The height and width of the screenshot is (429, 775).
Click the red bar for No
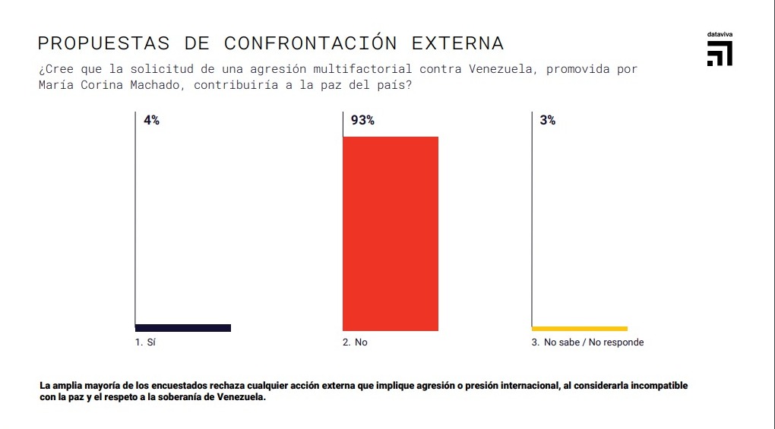pyautogui.click(x=391, y=233)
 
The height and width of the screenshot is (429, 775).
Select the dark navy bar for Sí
pyautogui.click(x=183, y=328)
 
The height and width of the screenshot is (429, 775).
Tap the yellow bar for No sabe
pyautogui.click(x=580, y=328)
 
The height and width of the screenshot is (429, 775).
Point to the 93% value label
pyautogui.click(x=362, y=120)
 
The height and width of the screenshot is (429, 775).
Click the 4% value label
pyautogui.click(x=151, y=120)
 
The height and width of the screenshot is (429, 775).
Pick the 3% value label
pyautogui.click(x=547, y=120)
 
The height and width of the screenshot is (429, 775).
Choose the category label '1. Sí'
pyautogui.click(x=145, y=342)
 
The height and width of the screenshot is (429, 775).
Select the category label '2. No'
pyautogui.click(x=355, y=342)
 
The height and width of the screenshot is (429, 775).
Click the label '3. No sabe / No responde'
pyautogui.click(x=587, y=342)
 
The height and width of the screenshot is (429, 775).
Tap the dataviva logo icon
pyautogui.click(x=720, y=54)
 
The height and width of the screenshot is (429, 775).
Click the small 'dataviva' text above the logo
pyautogui.click(x=720, y=35)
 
